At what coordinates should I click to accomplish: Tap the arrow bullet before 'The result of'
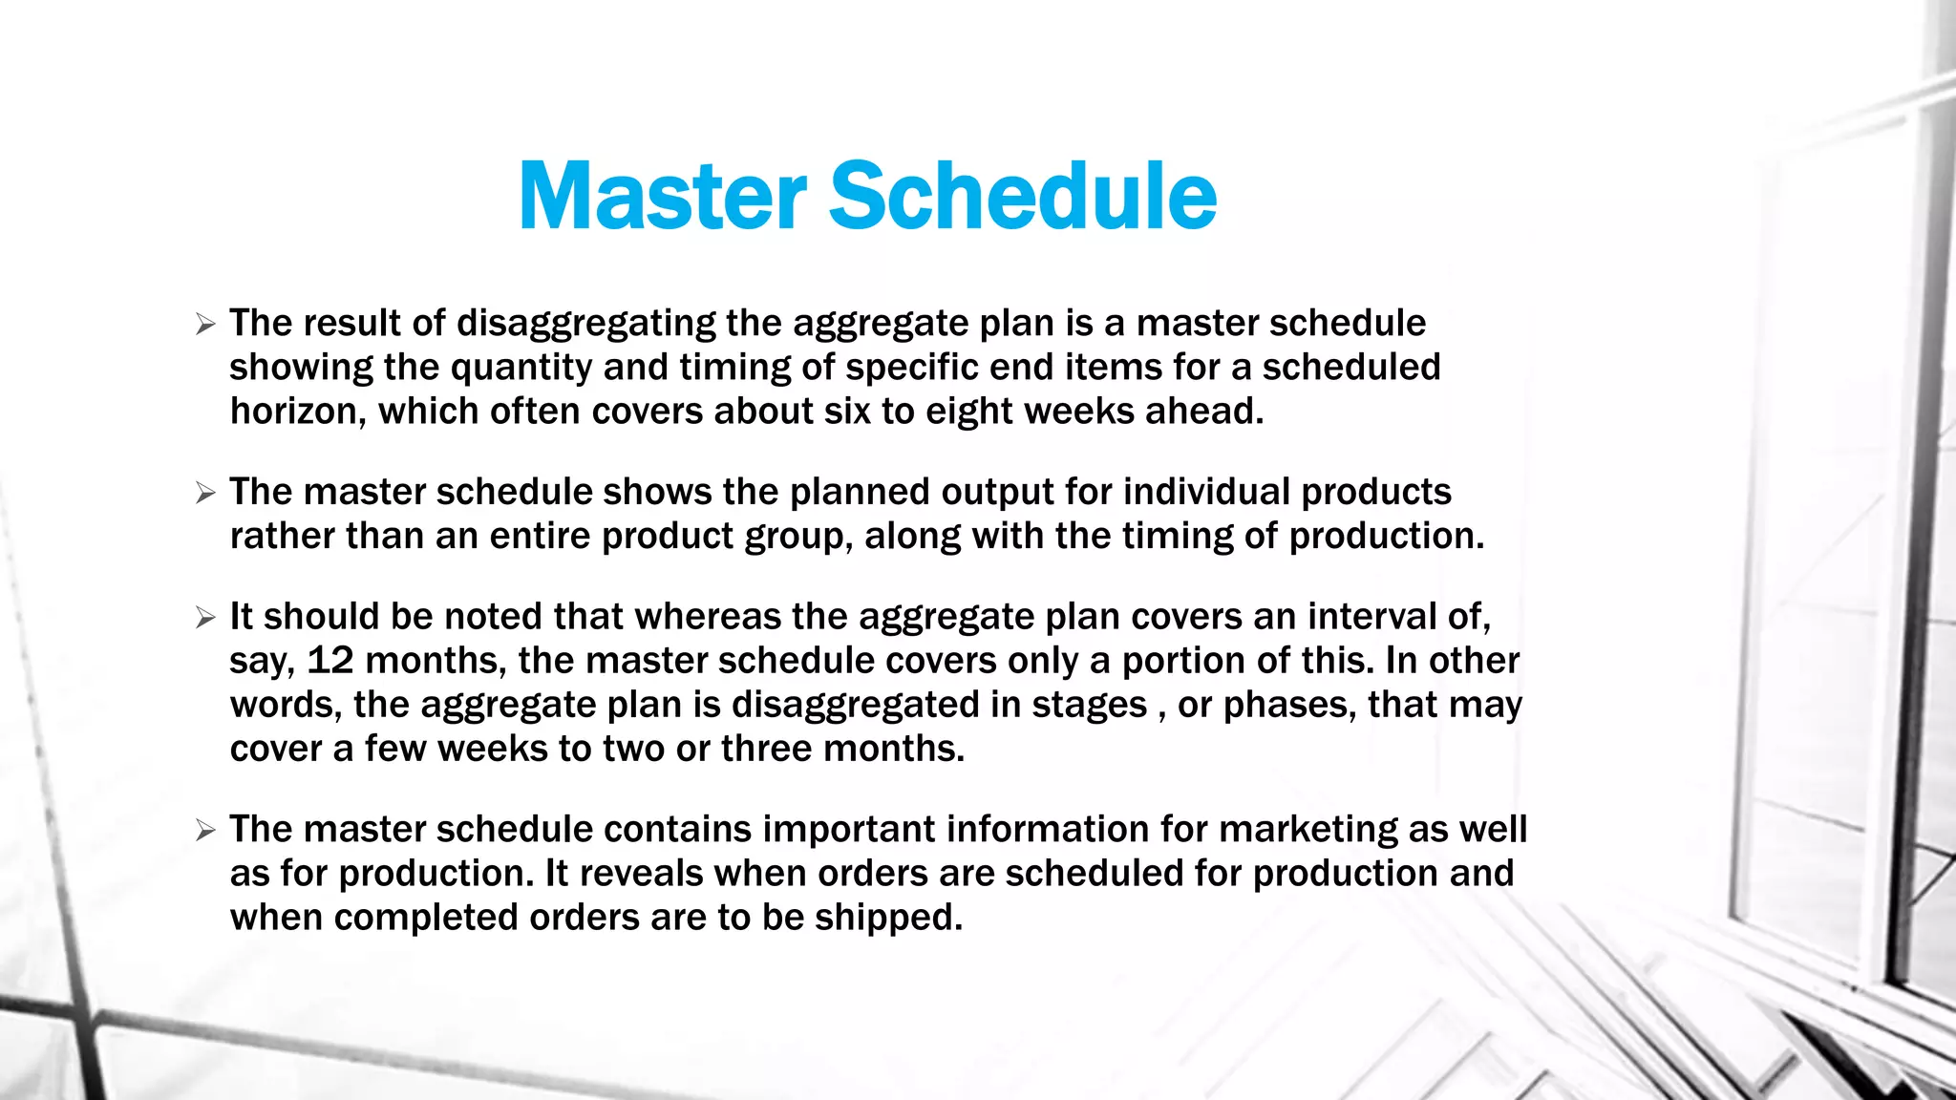pos(205,325)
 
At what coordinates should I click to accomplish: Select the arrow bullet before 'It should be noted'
pos(205,618)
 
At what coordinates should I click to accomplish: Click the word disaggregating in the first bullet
pos(585,325)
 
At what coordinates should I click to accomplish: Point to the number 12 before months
pos(330,661)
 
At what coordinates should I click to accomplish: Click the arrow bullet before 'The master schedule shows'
pos(205,494)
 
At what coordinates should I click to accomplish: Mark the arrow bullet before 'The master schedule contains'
pos(205,831)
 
